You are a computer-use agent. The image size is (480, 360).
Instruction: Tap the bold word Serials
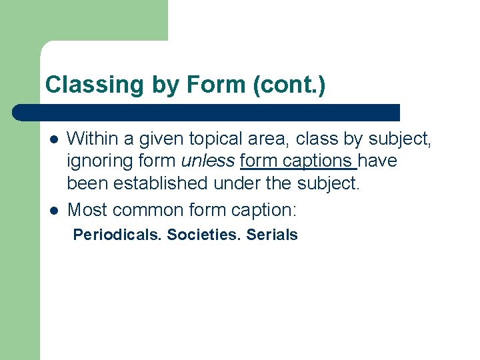(272, 235)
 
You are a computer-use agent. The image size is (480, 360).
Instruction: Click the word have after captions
(377, 161)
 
